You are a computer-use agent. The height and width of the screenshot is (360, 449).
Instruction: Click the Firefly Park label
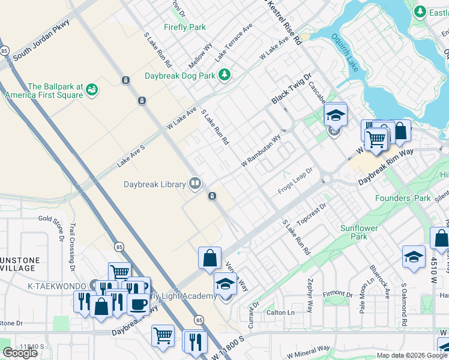tap(185, 27)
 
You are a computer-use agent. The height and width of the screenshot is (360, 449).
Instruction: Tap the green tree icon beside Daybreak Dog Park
tap(224, 74)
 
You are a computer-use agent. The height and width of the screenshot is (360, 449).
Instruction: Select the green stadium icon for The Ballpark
tap(92, 90)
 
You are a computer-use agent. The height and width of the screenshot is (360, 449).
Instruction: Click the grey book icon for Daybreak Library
tap(195, 184)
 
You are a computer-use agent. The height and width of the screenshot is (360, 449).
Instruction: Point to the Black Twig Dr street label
tap(292, 88)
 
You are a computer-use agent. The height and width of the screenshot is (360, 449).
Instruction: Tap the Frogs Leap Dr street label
tap(296, 181)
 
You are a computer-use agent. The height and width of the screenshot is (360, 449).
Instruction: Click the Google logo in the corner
tap(20, 353)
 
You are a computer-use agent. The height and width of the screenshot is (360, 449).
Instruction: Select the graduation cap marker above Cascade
tap(336, 115)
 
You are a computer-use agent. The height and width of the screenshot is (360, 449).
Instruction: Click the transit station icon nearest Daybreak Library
tap(212, 196)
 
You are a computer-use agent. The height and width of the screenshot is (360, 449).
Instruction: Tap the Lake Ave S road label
tap(131, 155)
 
